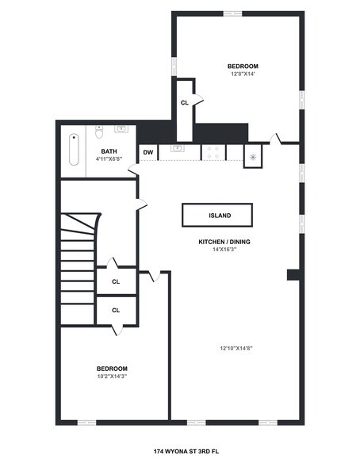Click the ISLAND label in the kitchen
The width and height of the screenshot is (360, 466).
click(x=219, y=215)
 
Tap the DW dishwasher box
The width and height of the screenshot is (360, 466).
click(x=148, y=152)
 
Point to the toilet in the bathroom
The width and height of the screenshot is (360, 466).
click(x=100, y=131)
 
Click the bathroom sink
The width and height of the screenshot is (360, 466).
click(x=122, y=128)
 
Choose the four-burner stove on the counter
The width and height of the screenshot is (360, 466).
click(x=213, y=152)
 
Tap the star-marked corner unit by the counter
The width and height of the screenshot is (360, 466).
click(x=254, y=156)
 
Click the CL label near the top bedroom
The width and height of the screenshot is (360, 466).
click(x=184, y=102)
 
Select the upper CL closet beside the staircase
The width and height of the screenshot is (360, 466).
click(x=116, y=281)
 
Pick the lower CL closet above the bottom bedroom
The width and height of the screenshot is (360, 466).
click(x=116, y=310)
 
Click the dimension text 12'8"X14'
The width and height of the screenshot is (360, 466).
click(x=243, y=74)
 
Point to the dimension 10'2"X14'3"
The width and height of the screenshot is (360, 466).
click(x=112, y=377)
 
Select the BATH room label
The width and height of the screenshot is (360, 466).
click(x=109, y=151)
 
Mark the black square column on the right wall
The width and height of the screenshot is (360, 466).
click(x=293, y=275)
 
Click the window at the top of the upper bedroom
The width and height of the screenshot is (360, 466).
click(x=232, y=13)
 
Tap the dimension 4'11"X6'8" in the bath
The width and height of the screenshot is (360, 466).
click(x=109, y=159)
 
